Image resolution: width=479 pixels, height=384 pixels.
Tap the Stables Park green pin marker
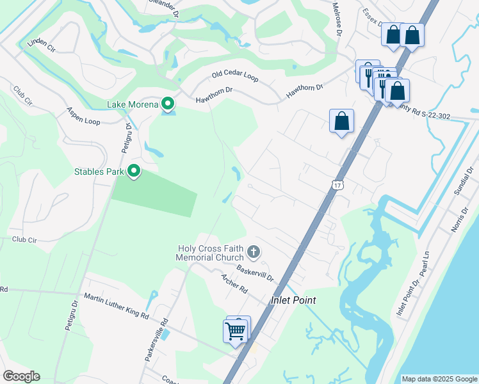click(x=134, y=172)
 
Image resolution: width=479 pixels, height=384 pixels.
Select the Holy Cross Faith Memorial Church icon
click(x=254, y=252)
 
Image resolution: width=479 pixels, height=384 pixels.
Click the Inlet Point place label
click(x=294, y=300)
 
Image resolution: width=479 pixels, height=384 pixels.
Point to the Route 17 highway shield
click(x=338, y=185)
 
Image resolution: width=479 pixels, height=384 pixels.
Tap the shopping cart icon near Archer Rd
click(x=236, y=331)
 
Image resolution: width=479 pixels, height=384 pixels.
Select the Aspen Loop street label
click(x=83, y=116)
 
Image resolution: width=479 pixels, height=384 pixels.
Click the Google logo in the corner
click(x=21, y=376)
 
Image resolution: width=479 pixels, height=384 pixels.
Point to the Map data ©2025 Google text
click(x=439, y=379)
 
